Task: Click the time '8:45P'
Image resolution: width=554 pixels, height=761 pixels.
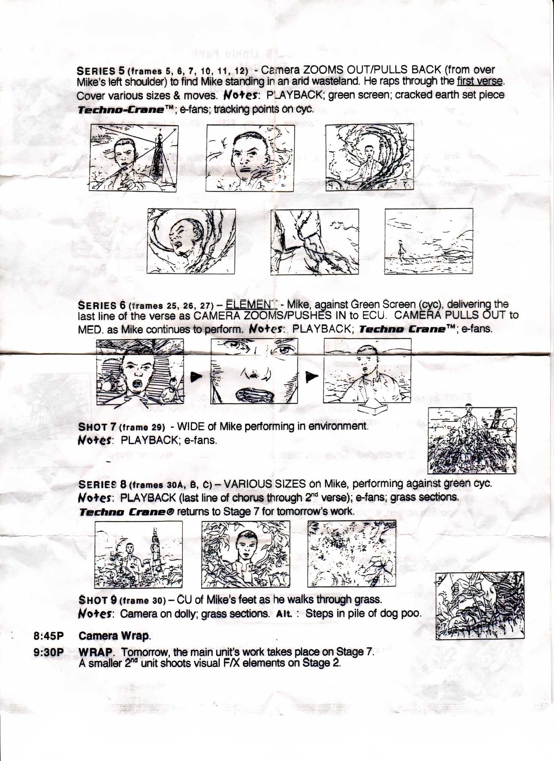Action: click(x=48, y=636)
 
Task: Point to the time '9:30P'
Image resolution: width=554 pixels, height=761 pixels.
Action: click(x=48, y=652)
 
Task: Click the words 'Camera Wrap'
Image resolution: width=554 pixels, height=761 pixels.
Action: click(x=114, y=636)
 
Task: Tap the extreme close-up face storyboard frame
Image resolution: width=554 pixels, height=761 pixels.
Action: click(x=254, y=371)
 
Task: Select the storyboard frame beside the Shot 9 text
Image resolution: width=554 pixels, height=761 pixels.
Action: click(x=480, y=606)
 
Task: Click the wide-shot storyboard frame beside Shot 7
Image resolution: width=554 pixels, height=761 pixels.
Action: click(x=472, y=441)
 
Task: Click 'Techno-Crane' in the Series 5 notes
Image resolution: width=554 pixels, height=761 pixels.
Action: click(x=121, y=110)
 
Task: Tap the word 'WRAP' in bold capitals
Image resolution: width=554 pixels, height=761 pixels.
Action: click(x=95, y=652)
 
